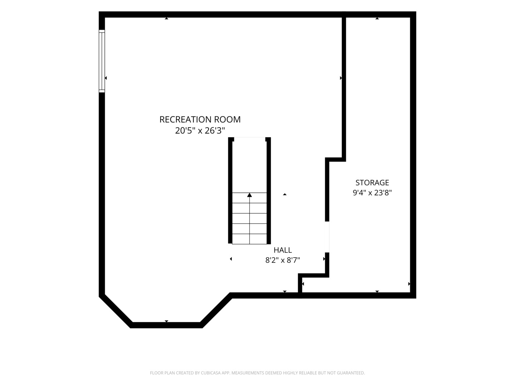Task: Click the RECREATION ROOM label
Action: (x=200, y=119)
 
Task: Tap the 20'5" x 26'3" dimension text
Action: (x=200, y=130)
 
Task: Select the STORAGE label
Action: (x=372, y=183)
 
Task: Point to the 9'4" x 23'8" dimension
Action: (x=372, y=193)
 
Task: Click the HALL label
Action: (x=283, y=250)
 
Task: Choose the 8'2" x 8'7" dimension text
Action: (x=283, y=261)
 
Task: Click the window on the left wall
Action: (x=102, y=61)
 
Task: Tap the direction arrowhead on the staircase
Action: (x=249, y=195)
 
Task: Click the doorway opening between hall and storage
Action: (x=327, y=237)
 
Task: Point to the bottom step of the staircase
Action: (x=249, y=239)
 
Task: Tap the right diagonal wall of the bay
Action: (x=216, y=310)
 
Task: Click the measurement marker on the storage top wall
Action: (x=377, y=18)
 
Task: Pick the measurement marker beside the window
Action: (x=106, y=78)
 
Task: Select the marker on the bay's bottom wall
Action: (x=166, y=321)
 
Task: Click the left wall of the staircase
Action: (x=230, y=190)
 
